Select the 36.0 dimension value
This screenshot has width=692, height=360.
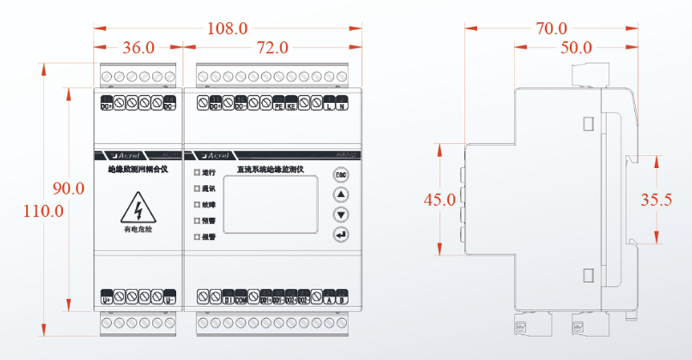[140, 47]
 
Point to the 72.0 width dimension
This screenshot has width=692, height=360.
[272, 47]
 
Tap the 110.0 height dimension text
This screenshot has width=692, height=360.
[44, 211]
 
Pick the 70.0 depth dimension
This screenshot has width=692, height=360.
[551, 28]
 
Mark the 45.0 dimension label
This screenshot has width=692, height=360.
[440, 200]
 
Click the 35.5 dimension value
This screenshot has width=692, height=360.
[657, 200]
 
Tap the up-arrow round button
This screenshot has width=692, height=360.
[341, 195]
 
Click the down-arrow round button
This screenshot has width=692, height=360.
[341, 214]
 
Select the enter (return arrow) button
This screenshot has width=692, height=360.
[341, 234]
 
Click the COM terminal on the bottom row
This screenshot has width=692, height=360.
[241, 300]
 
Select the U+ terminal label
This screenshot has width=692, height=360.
[106, 300]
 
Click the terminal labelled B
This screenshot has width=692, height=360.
[342, 300]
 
